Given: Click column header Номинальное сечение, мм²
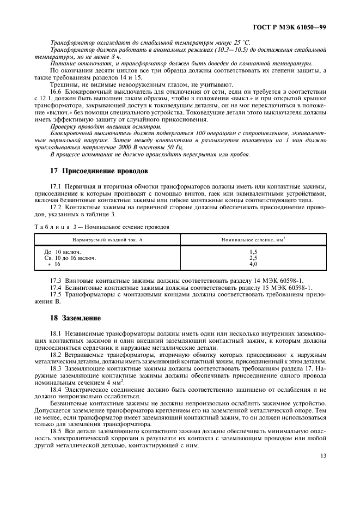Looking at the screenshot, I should click(253, 240).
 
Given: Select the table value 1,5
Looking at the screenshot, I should click(253, 252).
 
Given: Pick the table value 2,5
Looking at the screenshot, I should click(253, 258).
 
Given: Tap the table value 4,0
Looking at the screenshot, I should click(253, 264).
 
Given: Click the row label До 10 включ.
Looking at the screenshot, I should click(62, 252).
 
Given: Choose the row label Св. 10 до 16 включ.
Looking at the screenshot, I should click(70, 258).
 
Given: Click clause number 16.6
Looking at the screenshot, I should click(57, 92).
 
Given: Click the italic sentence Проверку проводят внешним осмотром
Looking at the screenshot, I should click(98, 126).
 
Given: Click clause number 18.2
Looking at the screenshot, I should click(57, 354).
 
